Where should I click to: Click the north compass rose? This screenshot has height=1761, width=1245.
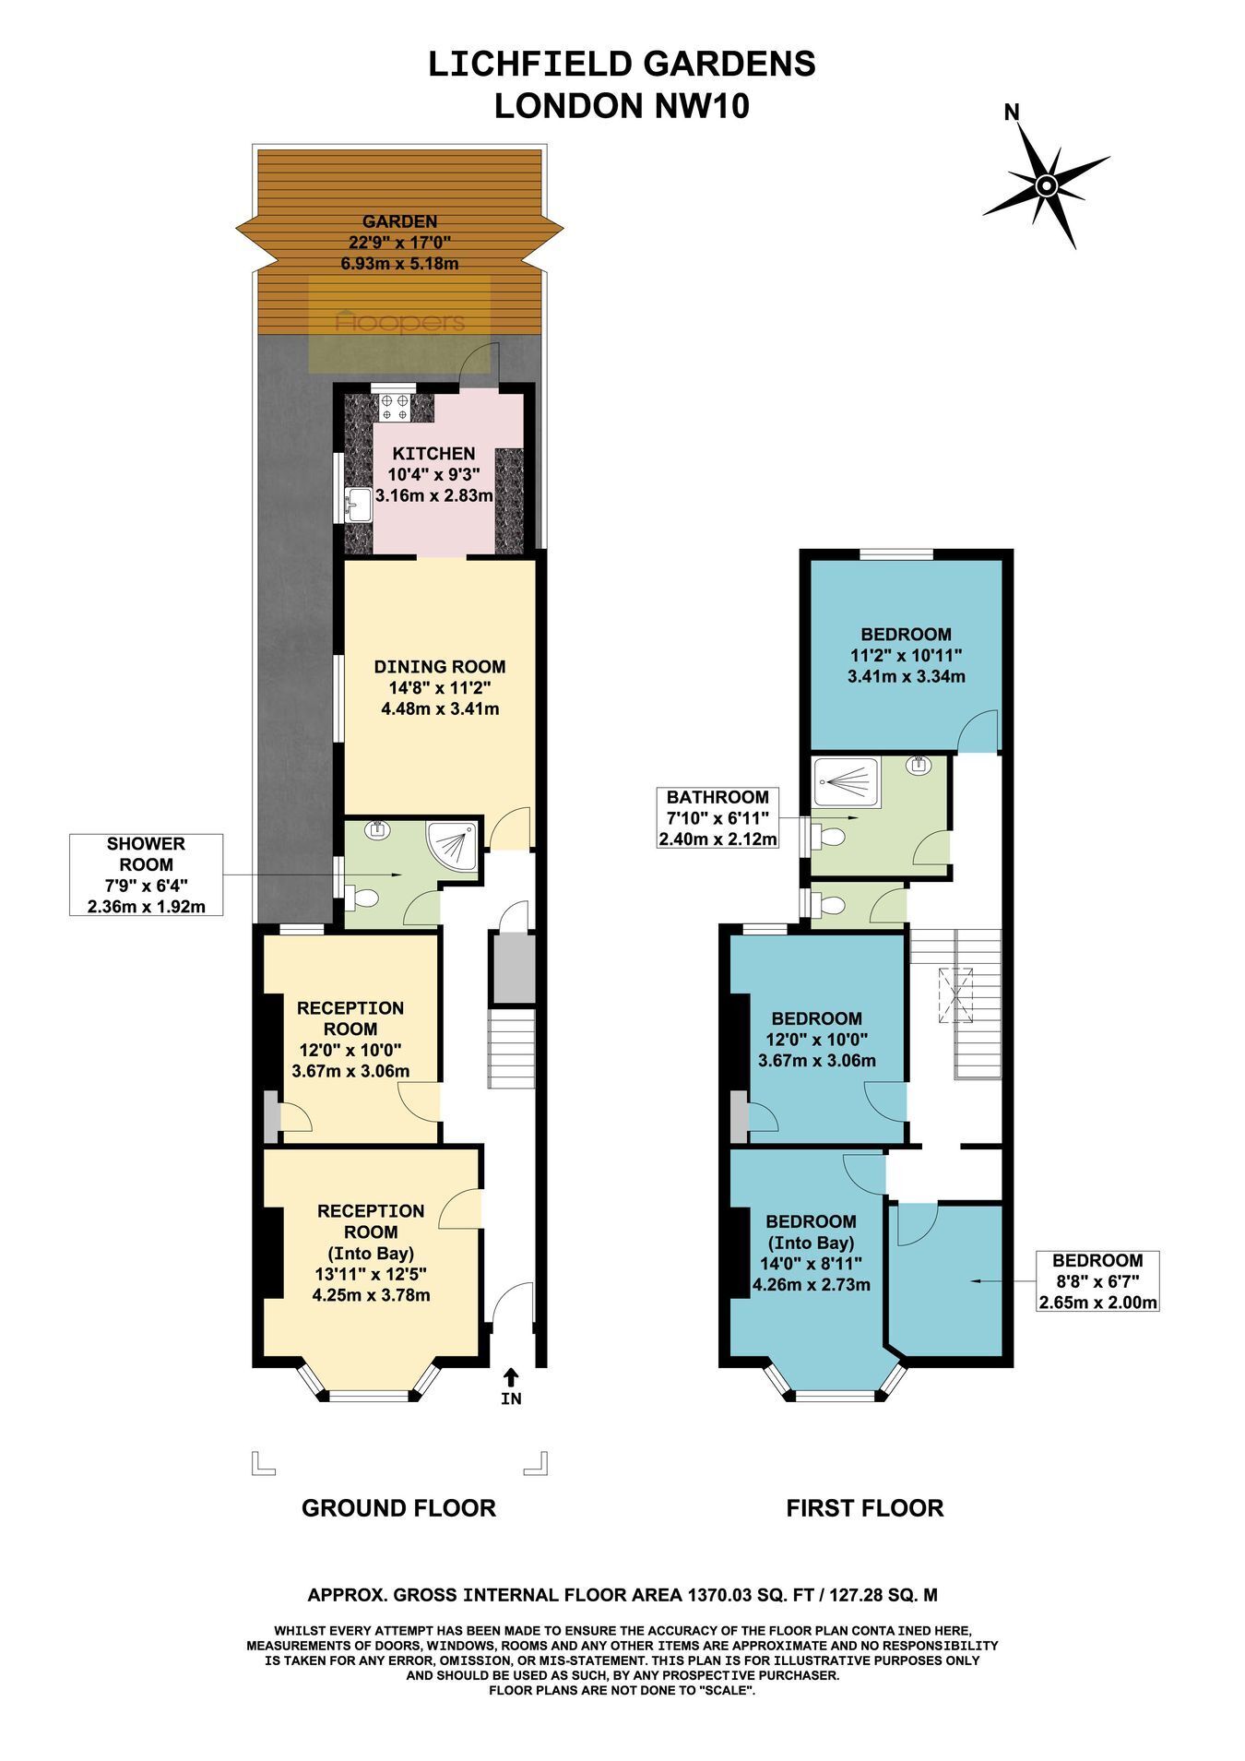(1046, 186)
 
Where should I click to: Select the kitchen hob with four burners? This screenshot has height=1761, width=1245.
(396, 407)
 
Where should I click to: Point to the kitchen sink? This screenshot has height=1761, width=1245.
(358, 506)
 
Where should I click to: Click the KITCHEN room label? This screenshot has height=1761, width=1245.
(434, 454)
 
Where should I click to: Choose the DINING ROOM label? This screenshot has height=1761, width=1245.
(440, 666)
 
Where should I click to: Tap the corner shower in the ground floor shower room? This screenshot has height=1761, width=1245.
(453, 847)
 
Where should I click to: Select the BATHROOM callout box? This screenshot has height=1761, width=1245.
(717, 818)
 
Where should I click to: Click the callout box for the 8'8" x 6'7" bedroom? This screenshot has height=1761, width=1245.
(1098, 1281)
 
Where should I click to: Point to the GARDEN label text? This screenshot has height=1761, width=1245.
(399, 221)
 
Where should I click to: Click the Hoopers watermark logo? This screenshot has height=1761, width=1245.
(400, 322)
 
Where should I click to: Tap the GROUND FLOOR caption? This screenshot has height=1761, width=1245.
(399, 1508)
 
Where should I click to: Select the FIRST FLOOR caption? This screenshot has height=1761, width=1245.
(865, 1508)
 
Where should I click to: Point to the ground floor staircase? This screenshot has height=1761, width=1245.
(511, 1048)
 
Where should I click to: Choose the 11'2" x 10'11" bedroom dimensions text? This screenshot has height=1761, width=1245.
(907, 655)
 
